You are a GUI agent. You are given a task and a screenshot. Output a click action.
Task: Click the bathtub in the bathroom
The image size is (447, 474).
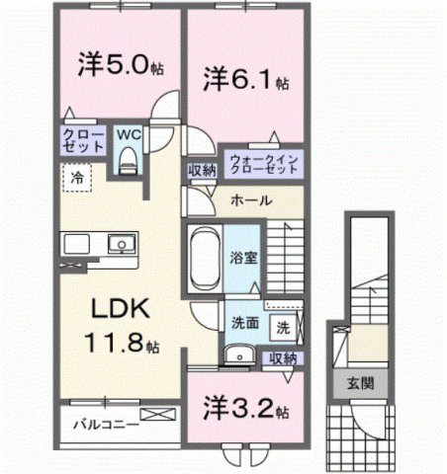[x=205, y=258]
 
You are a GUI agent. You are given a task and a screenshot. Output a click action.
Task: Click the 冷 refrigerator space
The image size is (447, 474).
[x=75, y=179]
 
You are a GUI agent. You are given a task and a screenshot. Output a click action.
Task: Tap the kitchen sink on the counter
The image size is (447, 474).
[x=120, y=243]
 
